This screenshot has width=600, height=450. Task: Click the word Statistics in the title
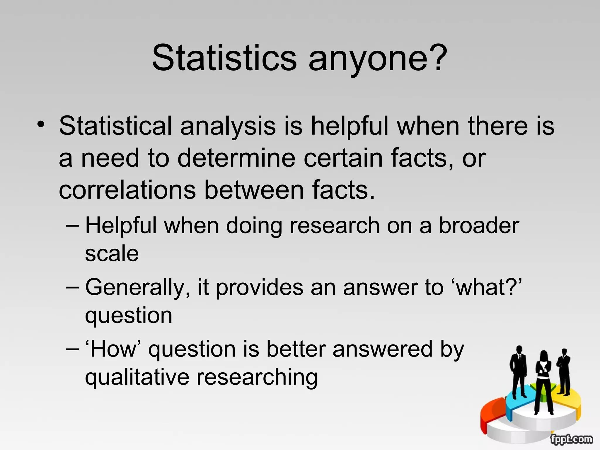(224, 58)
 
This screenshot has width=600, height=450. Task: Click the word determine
(236, 158)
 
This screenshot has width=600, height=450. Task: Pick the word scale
(112, 254)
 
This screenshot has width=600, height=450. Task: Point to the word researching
(257, 378)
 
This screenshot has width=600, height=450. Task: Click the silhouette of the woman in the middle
(543, 381)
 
